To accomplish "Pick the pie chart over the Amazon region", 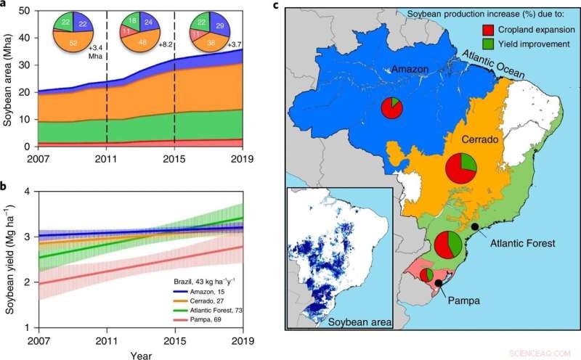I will pyautogui.click(x=391, y=108).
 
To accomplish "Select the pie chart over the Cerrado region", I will pyautogui.click(x=461, y=168).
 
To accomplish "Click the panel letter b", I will pyautogui.click(x=5, y=187).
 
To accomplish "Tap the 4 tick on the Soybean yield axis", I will pyautogui.click(x=27, y=192).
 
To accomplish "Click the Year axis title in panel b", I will pyautogui.click(x=142, y=356).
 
